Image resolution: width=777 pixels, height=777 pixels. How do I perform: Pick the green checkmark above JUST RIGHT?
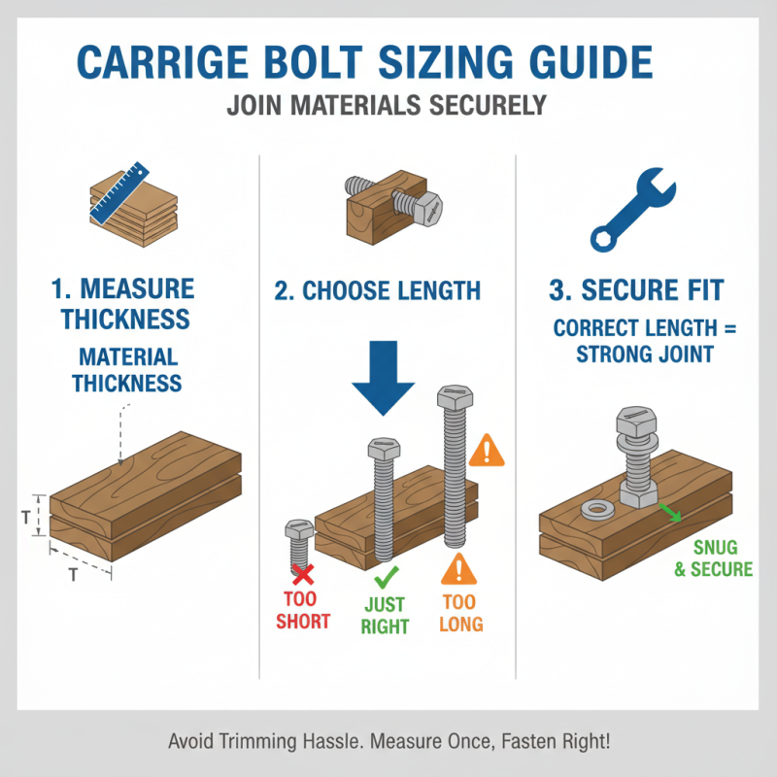click(x=385, y=580)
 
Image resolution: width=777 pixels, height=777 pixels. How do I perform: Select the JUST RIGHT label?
click(x=385, y=616)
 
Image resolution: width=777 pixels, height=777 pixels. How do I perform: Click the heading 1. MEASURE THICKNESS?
click(x=122, y=304)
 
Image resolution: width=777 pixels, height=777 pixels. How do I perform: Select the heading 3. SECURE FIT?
click(x=644, y=289)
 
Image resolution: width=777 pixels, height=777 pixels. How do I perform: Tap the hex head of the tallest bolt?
click(x=452, y=398)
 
